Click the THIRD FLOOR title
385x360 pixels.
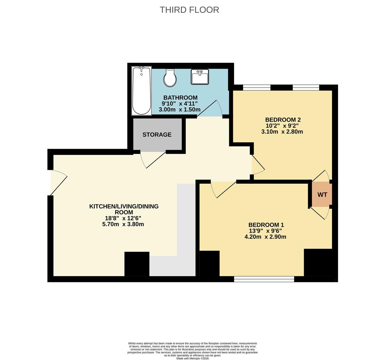189,10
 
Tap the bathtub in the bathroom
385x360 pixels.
142,91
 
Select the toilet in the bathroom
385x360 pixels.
170,78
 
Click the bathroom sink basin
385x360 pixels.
200,77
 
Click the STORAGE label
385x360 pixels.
157,135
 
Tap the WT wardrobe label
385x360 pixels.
322,195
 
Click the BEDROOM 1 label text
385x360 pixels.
266,225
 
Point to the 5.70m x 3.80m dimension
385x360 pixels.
123,224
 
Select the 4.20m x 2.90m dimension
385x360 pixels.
265,237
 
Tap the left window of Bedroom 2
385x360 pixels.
256,88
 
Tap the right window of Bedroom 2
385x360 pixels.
306,88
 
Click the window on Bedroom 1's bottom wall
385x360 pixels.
264,279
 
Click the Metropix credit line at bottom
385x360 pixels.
192,358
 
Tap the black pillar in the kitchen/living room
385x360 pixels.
137,264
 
